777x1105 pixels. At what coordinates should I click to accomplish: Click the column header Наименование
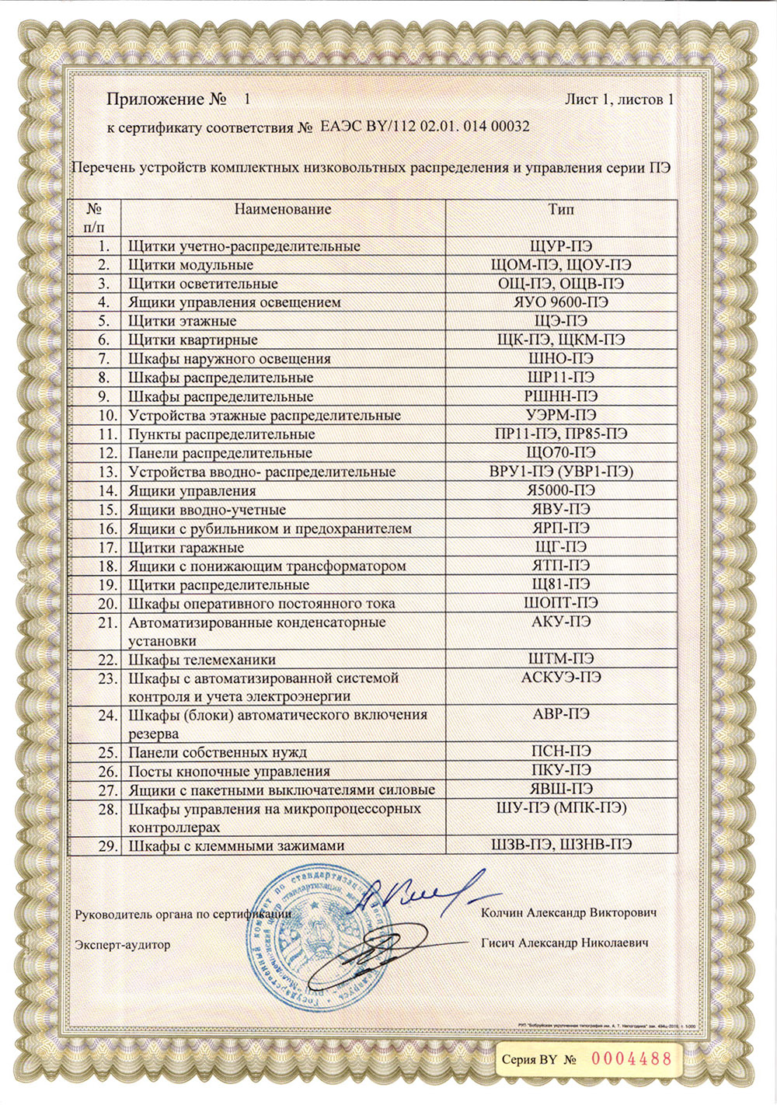tap(283, 209)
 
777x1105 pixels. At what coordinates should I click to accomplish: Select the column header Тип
tap(561, 209)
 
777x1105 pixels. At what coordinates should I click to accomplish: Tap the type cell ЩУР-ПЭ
tap(561, 246)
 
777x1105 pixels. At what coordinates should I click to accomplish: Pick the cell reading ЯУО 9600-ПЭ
tap(561, 302)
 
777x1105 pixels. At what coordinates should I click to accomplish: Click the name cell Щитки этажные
tap(183, 321)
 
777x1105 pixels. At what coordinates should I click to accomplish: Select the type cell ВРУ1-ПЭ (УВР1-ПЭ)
tap(561, 472)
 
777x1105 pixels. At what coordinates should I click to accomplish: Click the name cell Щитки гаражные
tap(186, 547)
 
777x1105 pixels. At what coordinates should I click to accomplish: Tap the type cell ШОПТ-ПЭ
tap(561, 603)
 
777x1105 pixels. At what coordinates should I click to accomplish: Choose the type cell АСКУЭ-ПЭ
tap(561, 677)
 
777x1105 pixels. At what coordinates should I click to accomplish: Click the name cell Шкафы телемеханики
tap(202, 660)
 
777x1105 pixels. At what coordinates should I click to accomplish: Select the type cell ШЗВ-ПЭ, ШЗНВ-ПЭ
tap(561, 845)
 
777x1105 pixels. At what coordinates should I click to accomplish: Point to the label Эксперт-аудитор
tap(122, 945)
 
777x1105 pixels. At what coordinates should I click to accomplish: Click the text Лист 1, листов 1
tap(618, 99)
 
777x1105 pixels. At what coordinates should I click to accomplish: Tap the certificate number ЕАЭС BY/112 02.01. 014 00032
tap(425, 127)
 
